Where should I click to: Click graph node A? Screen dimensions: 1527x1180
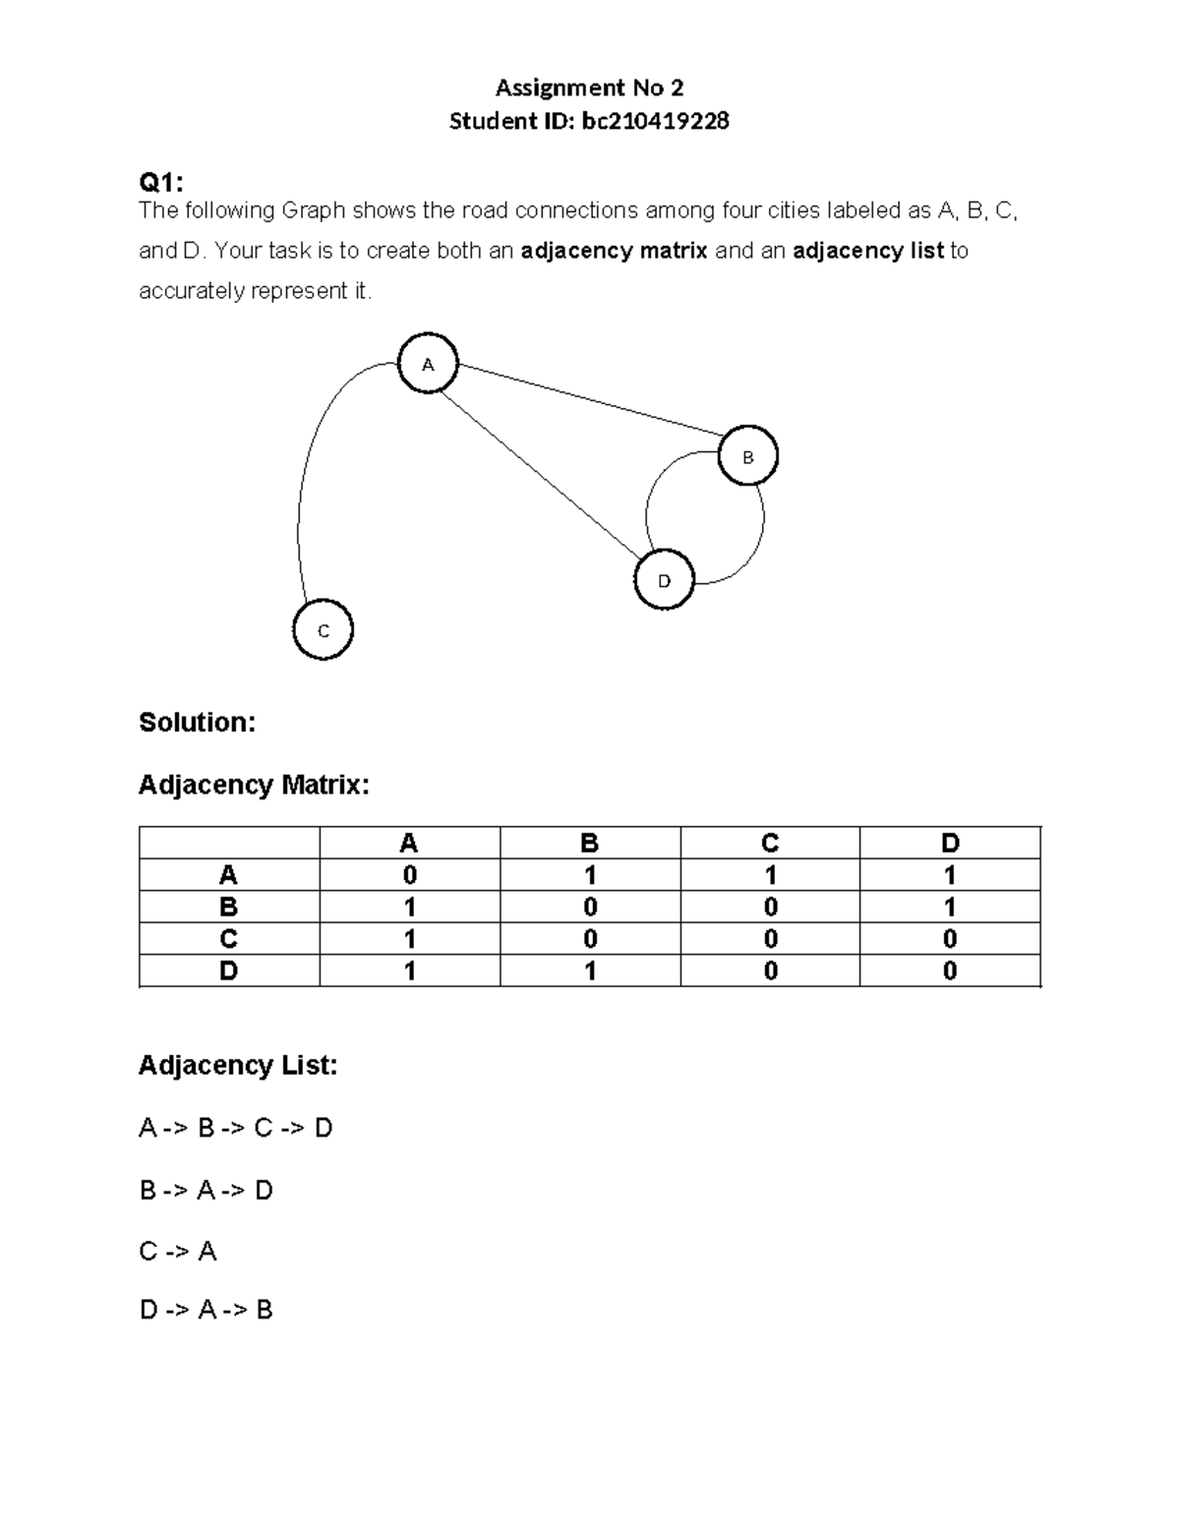[428, 364]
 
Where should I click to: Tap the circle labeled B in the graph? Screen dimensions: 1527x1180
[747, 456]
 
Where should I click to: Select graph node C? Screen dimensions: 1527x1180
[323, 630]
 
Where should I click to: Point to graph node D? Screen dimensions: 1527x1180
[664, 580]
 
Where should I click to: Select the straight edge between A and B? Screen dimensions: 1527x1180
[590, 398]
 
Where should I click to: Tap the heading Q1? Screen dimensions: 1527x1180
[160, 182]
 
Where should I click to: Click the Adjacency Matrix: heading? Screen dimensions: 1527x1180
[254, 785]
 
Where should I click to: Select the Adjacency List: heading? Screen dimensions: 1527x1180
[238, 1065]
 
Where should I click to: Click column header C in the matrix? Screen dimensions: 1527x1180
[770, 844]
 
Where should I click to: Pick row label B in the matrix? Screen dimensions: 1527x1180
[229, 907]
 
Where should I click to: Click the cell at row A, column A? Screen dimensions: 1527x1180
[409, 875]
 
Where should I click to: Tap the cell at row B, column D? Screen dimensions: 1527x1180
[950, 907]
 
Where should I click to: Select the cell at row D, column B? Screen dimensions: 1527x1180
[590, 970]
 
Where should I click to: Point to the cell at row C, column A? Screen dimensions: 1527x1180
[409, 939]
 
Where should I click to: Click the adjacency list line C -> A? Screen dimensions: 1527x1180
[178, 1251]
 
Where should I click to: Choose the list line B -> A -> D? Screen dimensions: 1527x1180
[206, 1191]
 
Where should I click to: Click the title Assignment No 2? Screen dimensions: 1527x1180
[589, 88]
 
